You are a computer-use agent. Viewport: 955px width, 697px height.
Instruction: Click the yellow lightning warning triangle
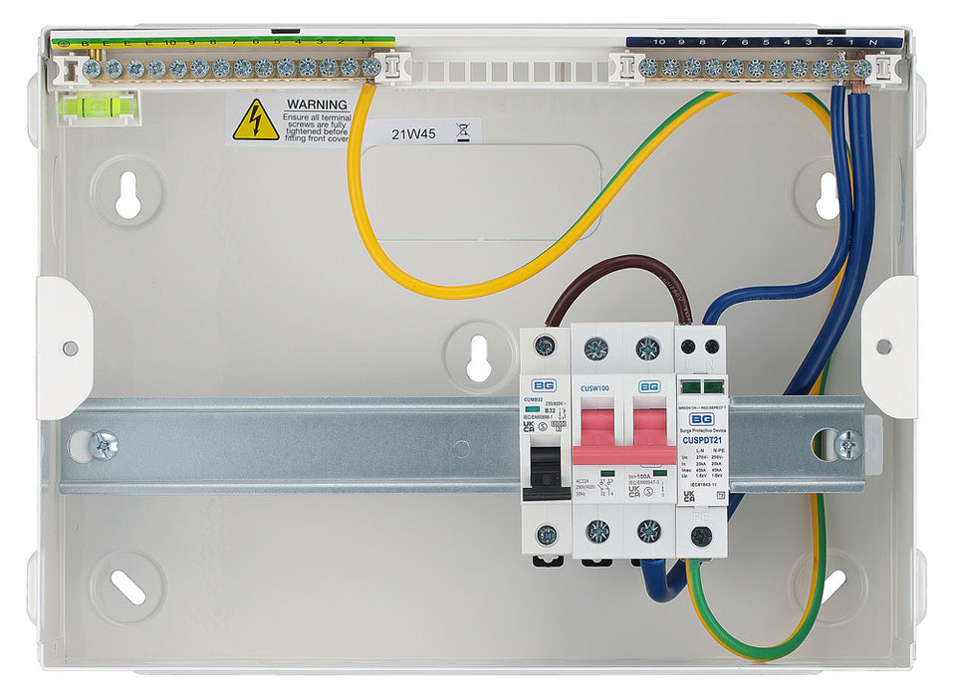click(256, 120)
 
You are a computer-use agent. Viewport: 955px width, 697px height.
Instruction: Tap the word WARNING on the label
click(316, 104)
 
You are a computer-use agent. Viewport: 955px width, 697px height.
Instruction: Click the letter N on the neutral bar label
click(873, 42)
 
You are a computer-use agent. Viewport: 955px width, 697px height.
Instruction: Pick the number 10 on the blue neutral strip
click(660, 42)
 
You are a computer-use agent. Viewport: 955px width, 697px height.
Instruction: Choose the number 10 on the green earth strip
click(170, 43)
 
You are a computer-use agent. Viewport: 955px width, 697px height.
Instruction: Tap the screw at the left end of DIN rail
click(102, 444)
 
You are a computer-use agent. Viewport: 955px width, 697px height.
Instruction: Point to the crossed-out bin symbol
click(461, 129)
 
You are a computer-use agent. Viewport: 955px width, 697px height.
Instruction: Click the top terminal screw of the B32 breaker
click(545, 347)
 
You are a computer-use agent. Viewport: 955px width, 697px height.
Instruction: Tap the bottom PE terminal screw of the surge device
click(702, 535)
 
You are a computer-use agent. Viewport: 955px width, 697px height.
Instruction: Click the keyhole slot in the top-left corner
click(127, 193)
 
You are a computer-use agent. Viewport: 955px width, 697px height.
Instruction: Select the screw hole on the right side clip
click(883, 347)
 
